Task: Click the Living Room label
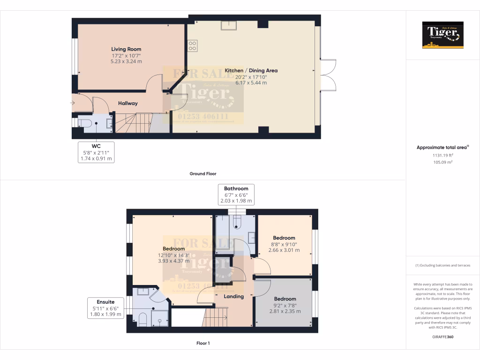click(x=126, y=49)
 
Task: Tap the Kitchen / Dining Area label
click(x=251, y=71)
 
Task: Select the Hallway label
click(x=127, y=103)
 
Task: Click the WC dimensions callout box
click(x=96, y=153)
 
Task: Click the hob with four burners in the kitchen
click(x=192, y=45)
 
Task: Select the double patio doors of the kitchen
click(x=329, y=75)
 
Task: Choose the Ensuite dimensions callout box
click(x=103, y=308)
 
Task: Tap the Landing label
click(x=233, y=296)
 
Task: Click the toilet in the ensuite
click(x=142, y=320)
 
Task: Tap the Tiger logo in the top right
click(x=442, y=35)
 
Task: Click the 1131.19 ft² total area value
click(x=442, y=155)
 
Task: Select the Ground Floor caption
click(x=202, y=174)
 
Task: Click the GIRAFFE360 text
click(x=442, y=337)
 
